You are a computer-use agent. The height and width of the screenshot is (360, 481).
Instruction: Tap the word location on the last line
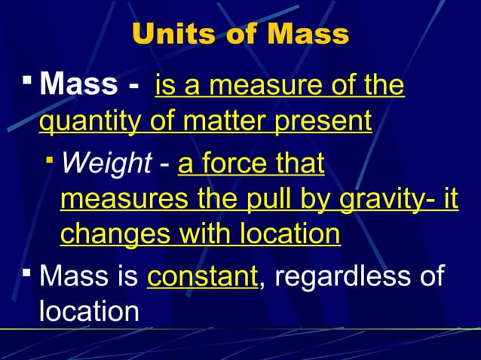coord(89,311)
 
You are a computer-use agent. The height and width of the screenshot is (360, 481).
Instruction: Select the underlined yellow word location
coord(289,235)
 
